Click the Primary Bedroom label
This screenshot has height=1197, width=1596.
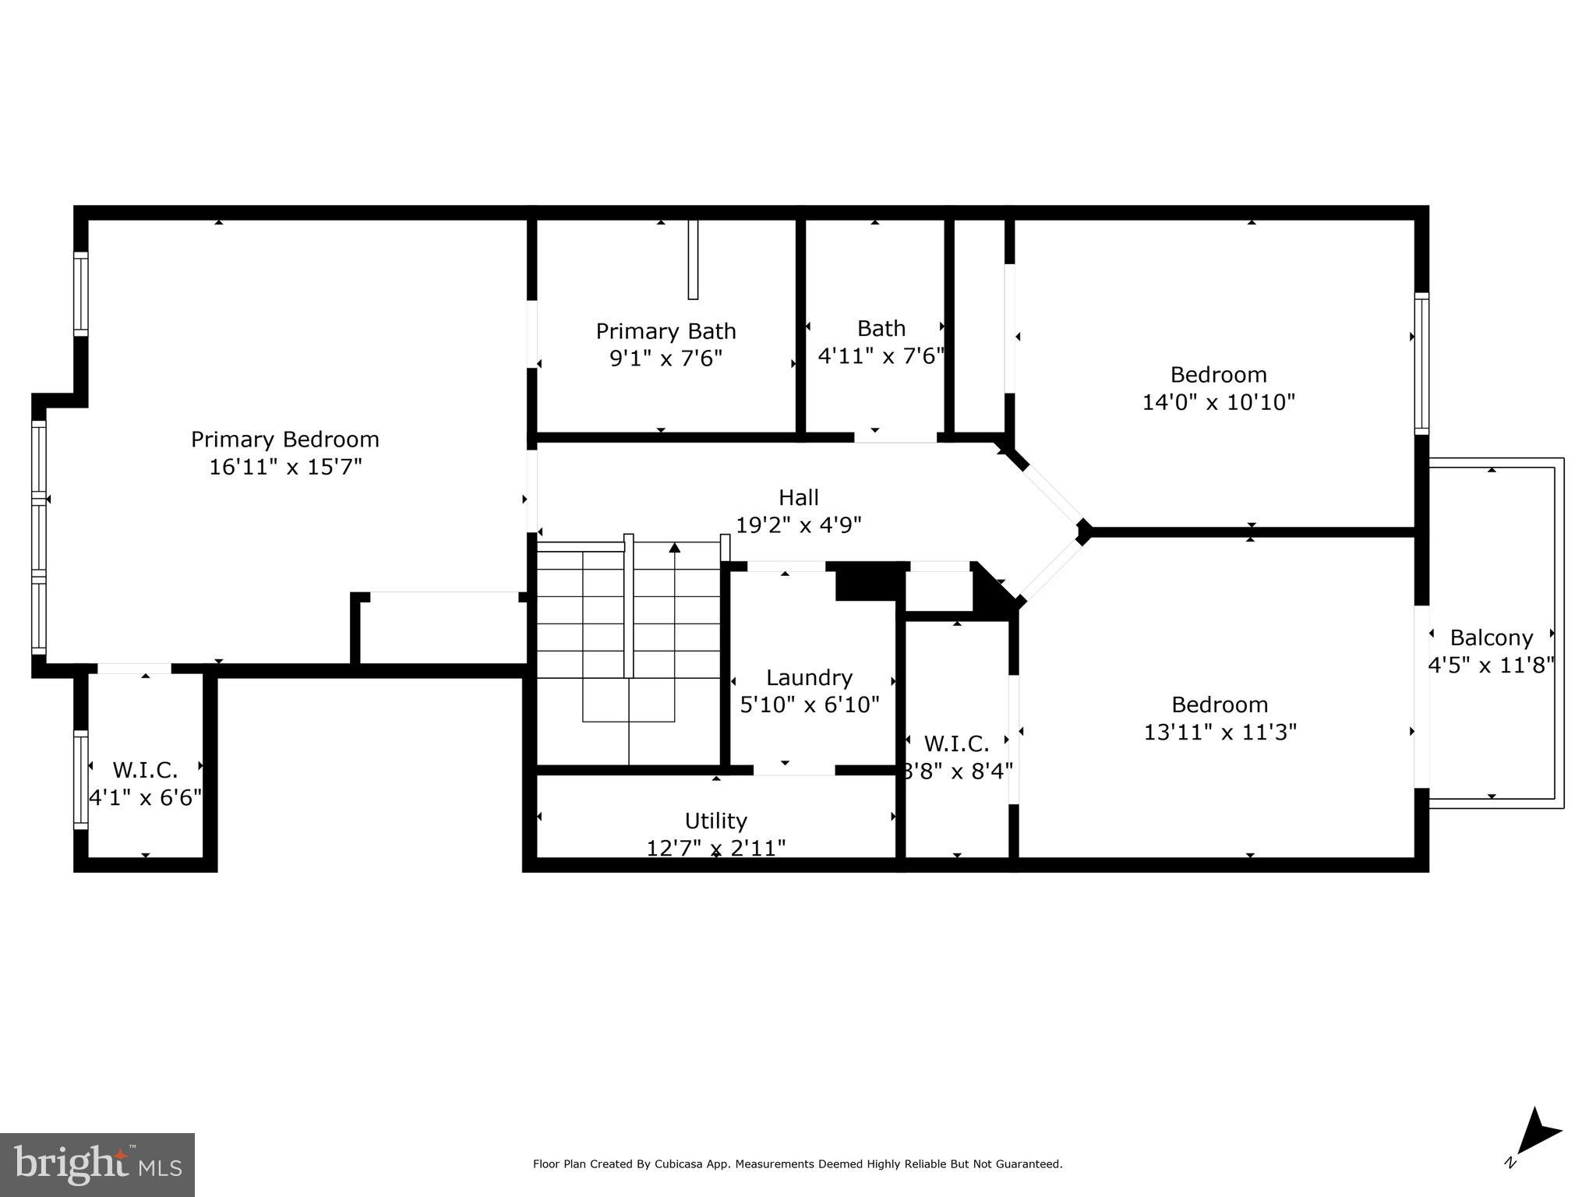284,440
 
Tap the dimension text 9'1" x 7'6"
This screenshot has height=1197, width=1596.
666,358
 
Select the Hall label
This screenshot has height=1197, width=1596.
799,497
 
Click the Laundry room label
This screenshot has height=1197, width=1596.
809,677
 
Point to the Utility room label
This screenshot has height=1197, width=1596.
715,821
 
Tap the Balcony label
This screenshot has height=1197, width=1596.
1491,637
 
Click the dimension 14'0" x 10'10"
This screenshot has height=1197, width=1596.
1218,402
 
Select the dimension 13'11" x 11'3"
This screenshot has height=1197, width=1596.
1220,733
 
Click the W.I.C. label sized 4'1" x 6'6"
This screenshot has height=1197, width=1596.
145,770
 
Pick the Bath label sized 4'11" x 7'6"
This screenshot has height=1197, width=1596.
881,328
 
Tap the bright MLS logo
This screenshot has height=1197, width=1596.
97,1164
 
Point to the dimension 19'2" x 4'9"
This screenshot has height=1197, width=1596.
799,525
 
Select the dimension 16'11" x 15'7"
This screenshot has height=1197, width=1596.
285,468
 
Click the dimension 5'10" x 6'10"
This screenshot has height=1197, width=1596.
809,705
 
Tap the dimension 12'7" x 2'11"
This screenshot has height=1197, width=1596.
715,848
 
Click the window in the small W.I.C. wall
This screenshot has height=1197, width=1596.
80,779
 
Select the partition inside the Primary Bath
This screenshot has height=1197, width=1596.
693,260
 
